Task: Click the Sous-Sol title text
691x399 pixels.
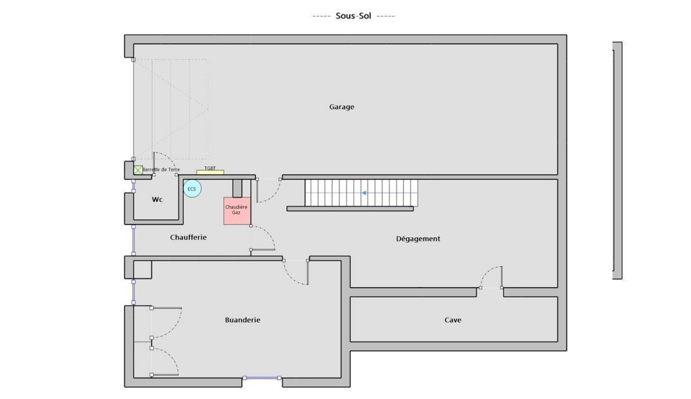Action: pos(353,16)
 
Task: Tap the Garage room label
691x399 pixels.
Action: pos(342,107)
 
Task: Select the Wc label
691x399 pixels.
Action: pos(157,199)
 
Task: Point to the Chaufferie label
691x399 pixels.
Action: pos(188,237)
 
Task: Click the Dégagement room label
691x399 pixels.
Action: pos(418,239)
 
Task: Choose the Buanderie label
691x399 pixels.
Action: pos(243,320)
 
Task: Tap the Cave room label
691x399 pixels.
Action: pos(453,320)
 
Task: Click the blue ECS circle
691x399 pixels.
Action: pos(192,189)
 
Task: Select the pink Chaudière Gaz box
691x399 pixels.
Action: pos(237,211)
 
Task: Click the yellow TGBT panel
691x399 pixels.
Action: pos(210,172)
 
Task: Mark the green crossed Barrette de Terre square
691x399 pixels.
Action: pos(138,170)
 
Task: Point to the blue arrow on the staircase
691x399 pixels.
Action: pos(365,193)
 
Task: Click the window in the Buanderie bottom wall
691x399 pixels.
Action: pos(262,378)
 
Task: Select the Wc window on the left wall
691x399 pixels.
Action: pos(134,186)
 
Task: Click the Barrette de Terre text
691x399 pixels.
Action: pos(161,170)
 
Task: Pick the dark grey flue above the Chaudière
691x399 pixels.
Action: pos(237,188)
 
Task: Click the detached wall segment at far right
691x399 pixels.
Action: pos(617,160)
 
